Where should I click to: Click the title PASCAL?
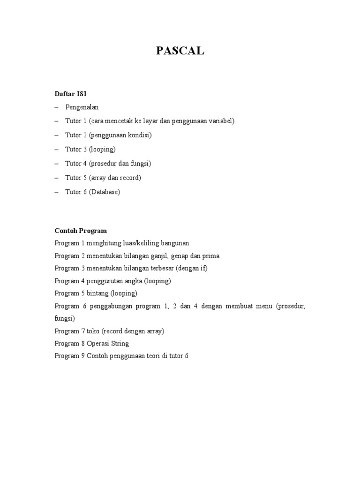(x=180, y=51)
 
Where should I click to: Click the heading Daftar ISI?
(x=71, y=94)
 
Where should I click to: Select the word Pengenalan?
(x=82, y=107)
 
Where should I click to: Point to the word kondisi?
(x=139, y=135)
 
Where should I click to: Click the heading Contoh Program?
(x=81, y=231)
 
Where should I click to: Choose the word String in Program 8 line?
(x=120, y=344)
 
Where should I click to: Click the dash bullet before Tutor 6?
(x=57, y=192)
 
